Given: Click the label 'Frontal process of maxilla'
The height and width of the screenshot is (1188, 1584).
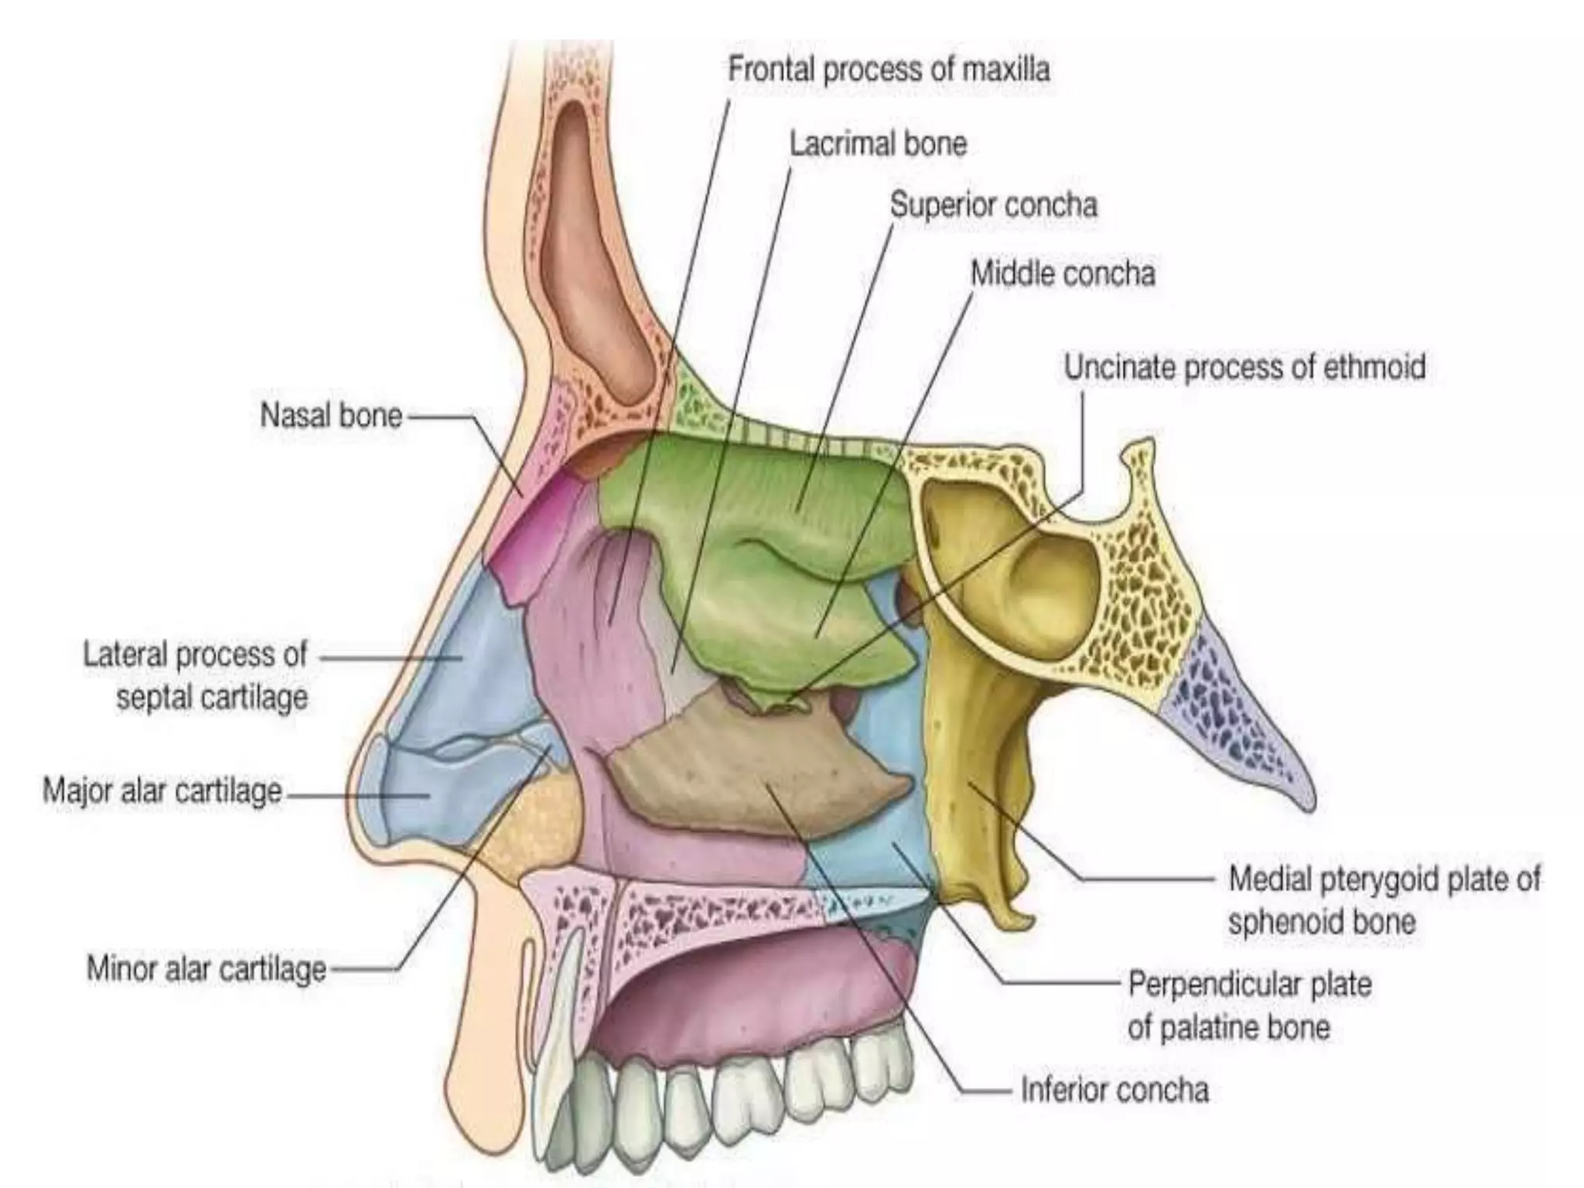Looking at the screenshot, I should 889,70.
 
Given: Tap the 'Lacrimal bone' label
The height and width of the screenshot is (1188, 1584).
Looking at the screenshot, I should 878,144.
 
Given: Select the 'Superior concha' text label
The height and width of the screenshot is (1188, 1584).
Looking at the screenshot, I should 993,205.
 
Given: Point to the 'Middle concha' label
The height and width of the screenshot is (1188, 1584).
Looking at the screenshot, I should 1063,273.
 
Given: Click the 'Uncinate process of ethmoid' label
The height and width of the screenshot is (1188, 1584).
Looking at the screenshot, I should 1244,367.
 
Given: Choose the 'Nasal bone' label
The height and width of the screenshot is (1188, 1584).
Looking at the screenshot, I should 331,416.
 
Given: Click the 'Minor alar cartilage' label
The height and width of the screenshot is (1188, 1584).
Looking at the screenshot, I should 207,968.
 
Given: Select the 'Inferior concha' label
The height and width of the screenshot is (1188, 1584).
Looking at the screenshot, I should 1115,1090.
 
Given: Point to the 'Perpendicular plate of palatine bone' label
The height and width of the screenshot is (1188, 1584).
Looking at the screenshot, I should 1249,1005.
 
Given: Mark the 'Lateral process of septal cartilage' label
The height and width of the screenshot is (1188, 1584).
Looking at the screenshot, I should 196,676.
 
